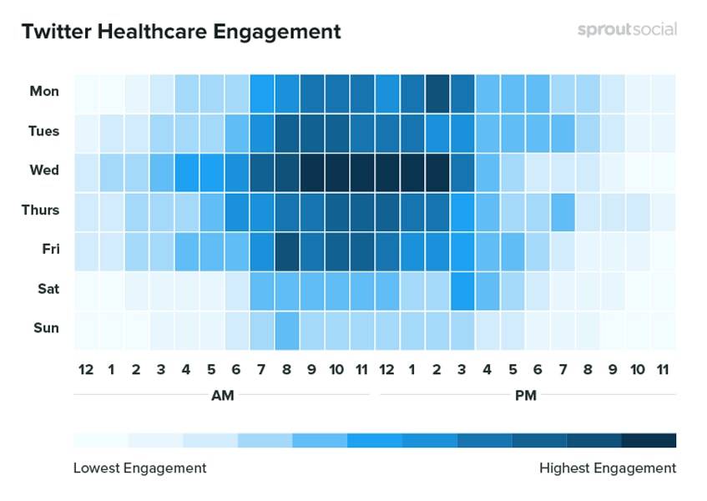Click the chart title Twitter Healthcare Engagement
(x=181, y=32)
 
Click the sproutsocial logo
(x=627, y=30)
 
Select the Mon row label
(x=44, y=91)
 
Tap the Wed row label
(x=44, y=170)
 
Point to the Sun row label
(x=46, y=328)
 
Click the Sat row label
(x=47, y=289)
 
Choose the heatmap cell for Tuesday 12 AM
(x=86, y=131)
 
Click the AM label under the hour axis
(x=222, y=395)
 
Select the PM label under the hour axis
(x=526, y=395)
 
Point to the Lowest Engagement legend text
(x=139, y=468)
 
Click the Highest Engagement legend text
(x=608, y=468)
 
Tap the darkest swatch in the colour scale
(x=649, y=440)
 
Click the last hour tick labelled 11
(x=663, y=369)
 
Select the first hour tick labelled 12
(x=86, y=369)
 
